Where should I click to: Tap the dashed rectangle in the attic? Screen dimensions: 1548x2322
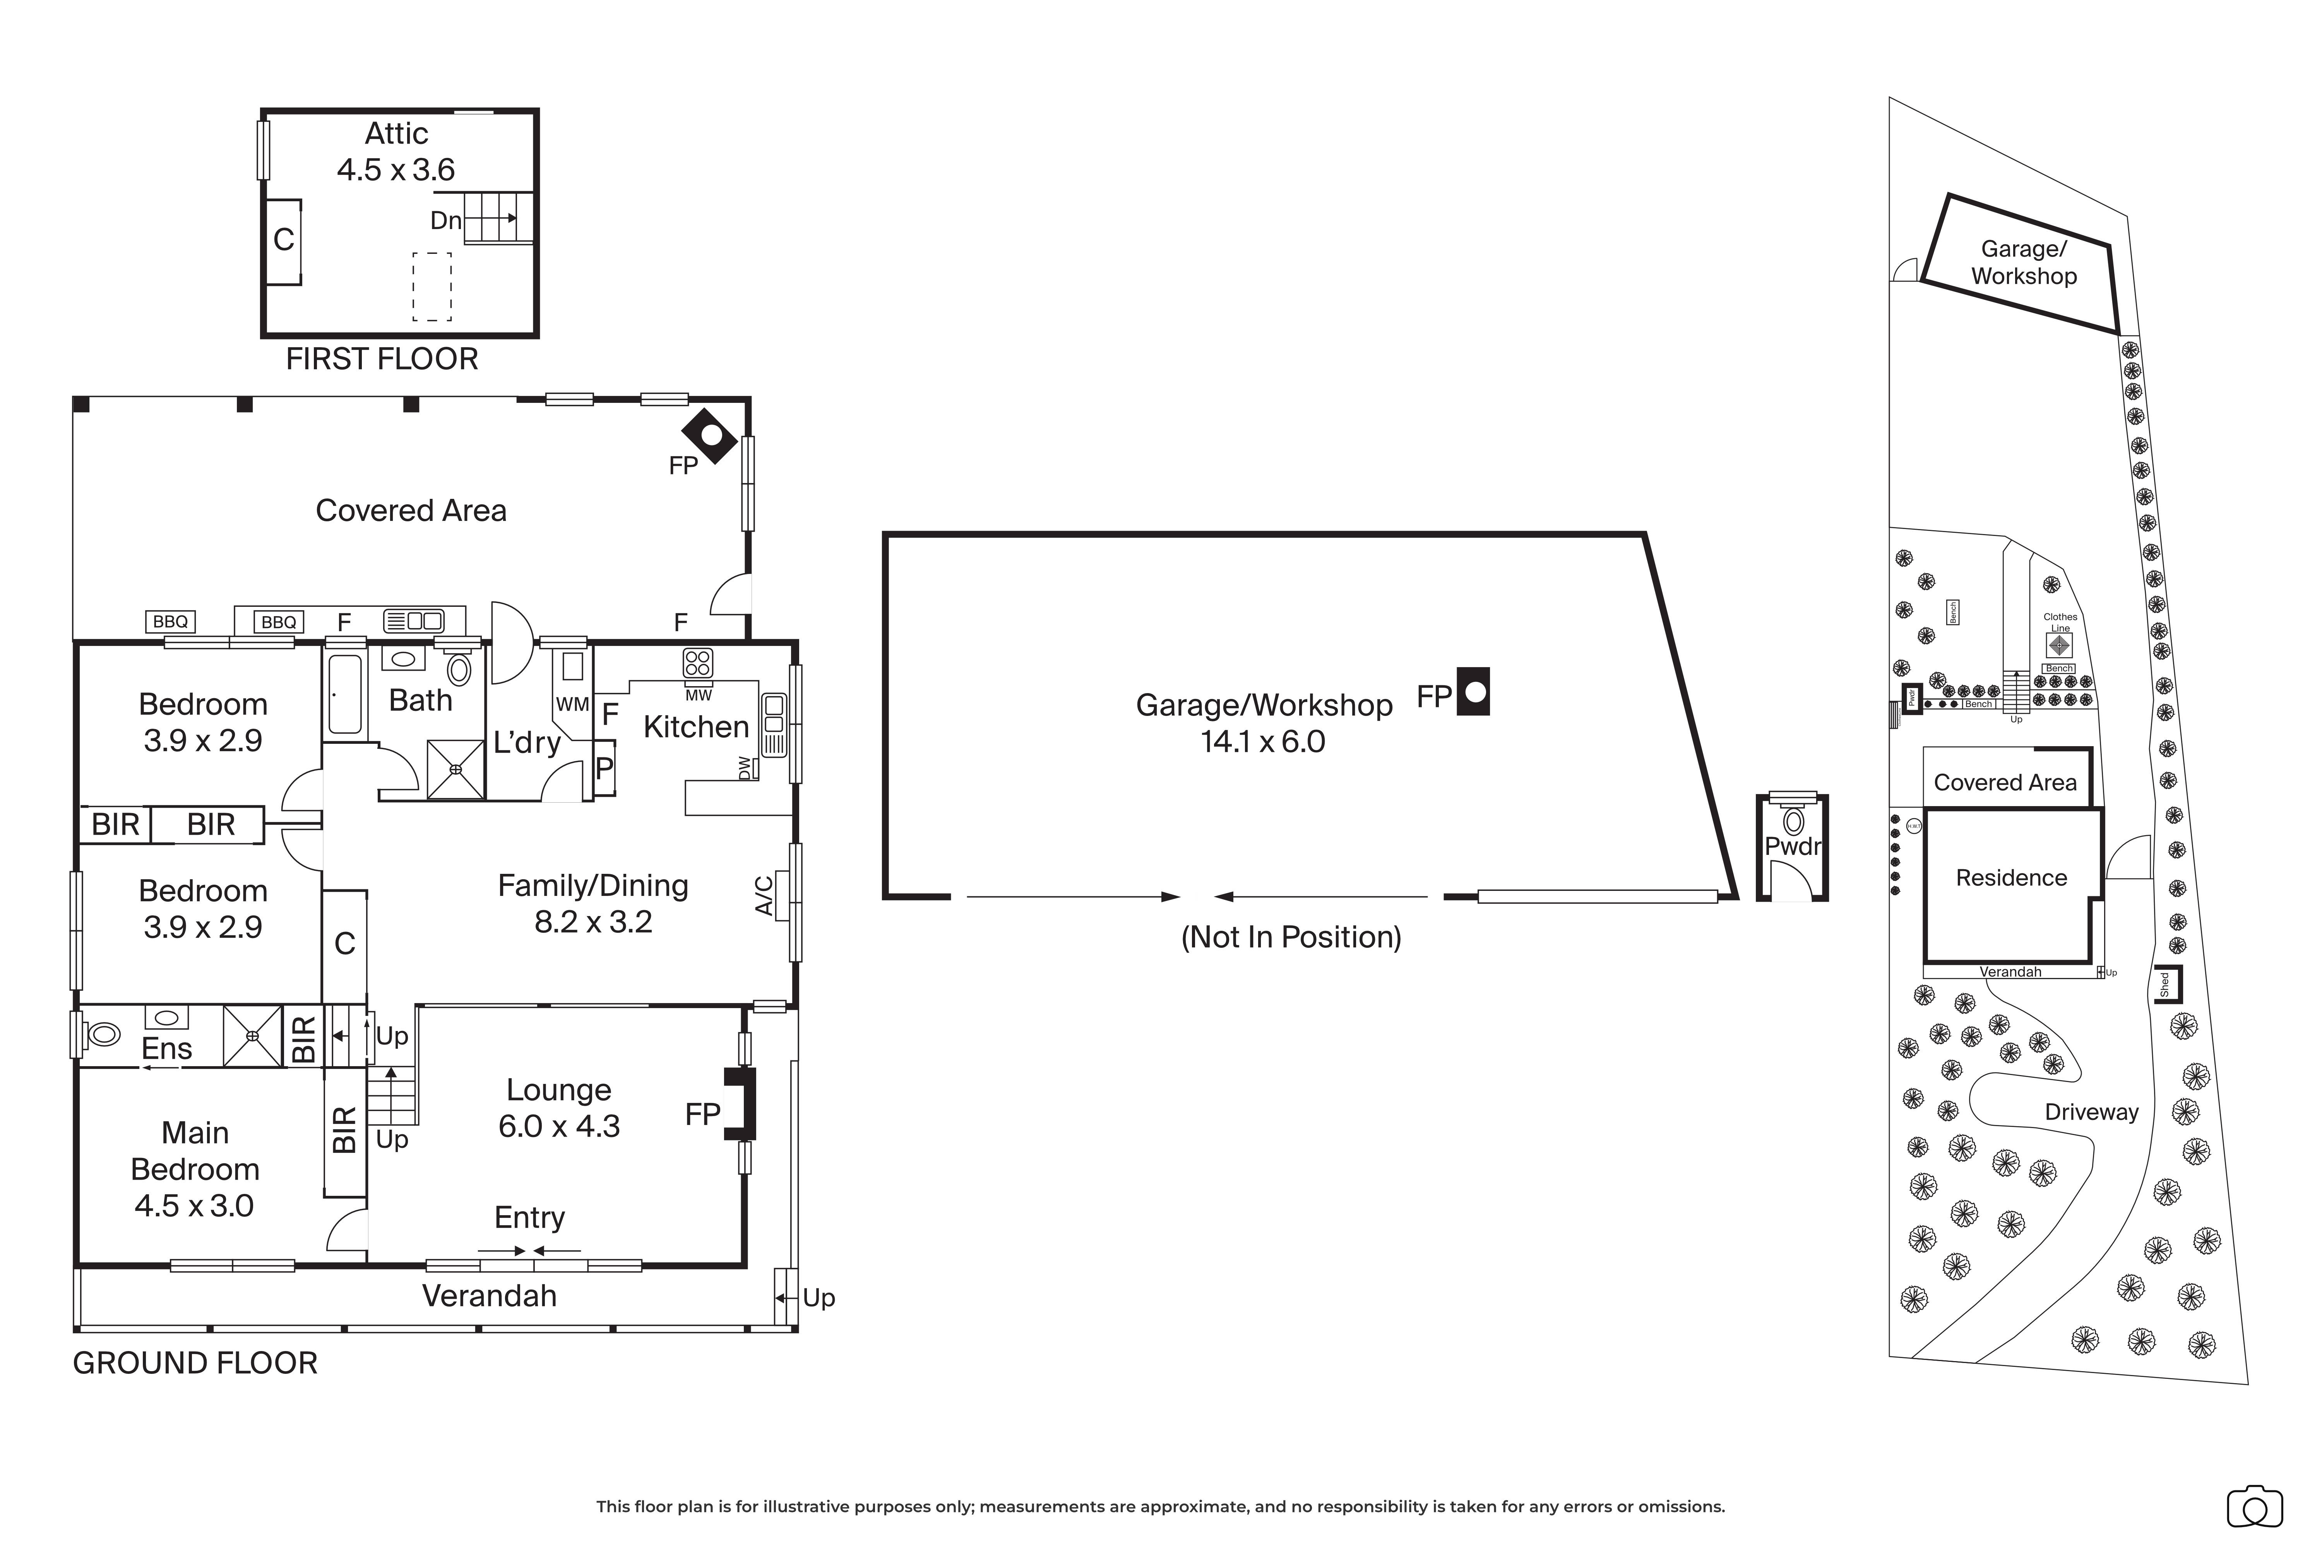pos(432,287)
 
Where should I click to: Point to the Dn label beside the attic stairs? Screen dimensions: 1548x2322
pos(445,220)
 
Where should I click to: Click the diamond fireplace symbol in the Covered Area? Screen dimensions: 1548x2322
pos(709,435)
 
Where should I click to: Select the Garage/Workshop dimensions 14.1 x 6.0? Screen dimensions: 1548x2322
pos(1263,741)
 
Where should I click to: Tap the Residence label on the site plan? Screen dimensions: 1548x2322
pos(2011,878)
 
